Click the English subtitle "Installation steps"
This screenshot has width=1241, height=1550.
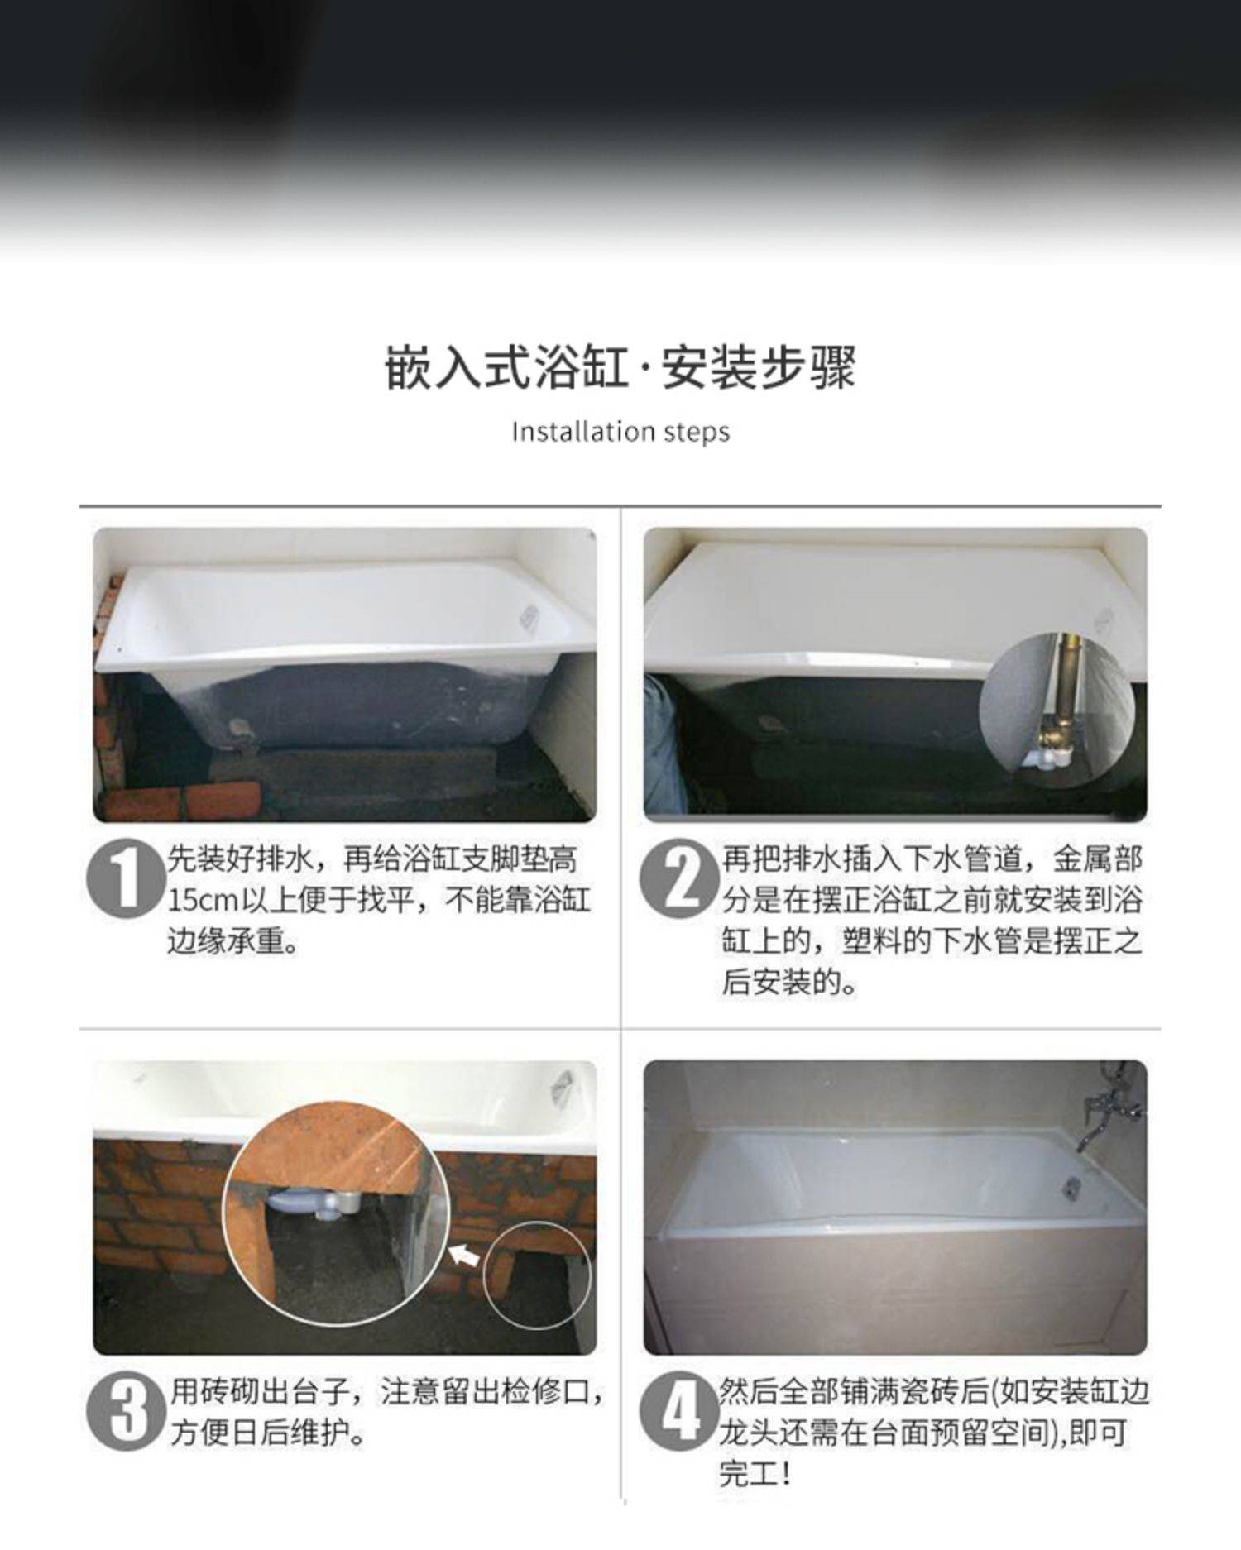point(620,432)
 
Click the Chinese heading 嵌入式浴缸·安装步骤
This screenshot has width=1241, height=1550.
point(620,367)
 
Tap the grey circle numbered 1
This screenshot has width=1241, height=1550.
point(126,878)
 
